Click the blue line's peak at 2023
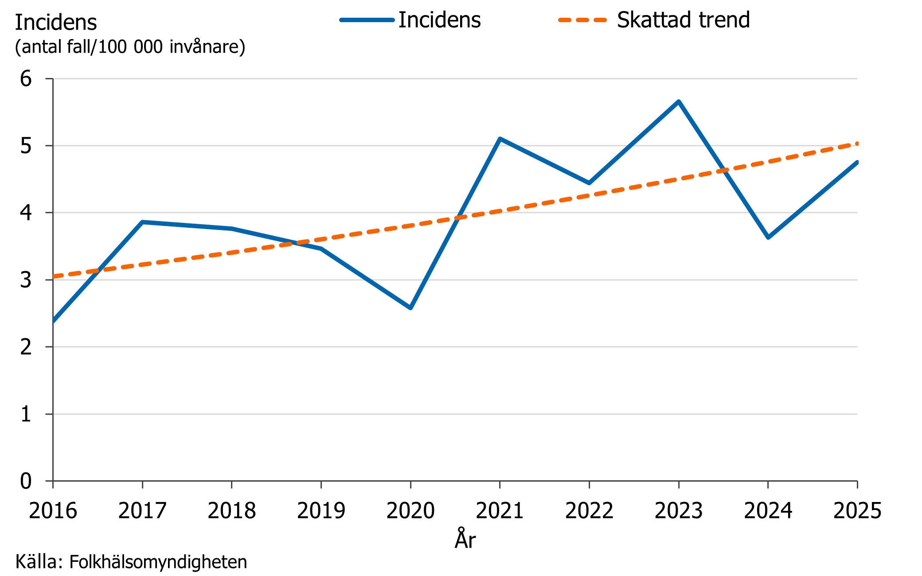click(x=679, y=101)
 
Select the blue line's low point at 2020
click(x=410, y=308)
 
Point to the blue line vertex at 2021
click(x=500, y=139)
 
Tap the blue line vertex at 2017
click(x=142, y=222)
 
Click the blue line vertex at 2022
click(x=589, y=183)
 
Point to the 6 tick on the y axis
click(x=26, y=79)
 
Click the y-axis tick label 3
click(x=26, y=280)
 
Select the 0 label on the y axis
click(x=26, y=481)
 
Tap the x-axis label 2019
click(x=321, y=510)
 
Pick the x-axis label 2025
click(x=857, y=510)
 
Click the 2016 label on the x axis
click(x=53, y=510)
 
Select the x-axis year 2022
click(x=589, y=510)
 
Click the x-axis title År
click(x=465, y=539)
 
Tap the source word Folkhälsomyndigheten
click(x=158, y=562)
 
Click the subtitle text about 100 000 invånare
click(x=130, y=47)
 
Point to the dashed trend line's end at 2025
click(x=857, y=144)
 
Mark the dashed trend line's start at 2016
click(x=54, y=276)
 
